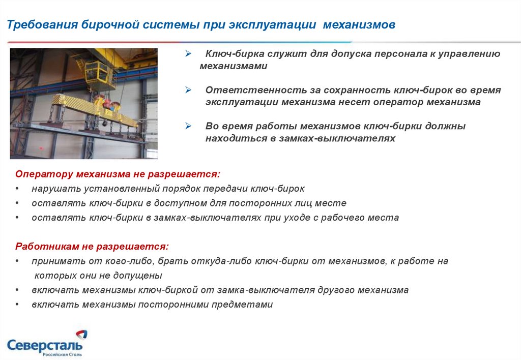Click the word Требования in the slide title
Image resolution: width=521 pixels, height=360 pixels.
pyautogui.click(x=42, y=25)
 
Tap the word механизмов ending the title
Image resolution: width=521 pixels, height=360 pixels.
pyautogui.click(x=359, y=24)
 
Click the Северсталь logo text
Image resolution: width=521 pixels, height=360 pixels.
pyautogui.click(x=45, y=345)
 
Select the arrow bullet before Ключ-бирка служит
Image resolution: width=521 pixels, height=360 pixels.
pyautogui.click(x=188, y=53)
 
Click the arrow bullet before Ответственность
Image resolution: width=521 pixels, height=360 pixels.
pyautogui.click(x=188, y=89)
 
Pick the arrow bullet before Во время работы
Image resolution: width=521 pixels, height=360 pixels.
pyautogui.click(x=188, y=126)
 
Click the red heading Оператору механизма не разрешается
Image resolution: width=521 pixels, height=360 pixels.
pyautogui.click(x=118, y=174)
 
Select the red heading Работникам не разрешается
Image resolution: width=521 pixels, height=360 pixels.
pyautogui.click(x=92, y=247)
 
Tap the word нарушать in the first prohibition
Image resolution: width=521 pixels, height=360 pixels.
pyautogui.click(x=56, y=189)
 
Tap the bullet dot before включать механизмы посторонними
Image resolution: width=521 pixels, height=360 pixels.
pyautogui.click(x=17, y=305)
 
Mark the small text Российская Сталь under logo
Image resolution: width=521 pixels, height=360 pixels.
pyautogui.click(x=62, y=355)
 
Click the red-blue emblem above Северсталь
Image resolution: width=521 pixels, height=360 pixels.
pyautogui.click(x=82, y=334)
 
